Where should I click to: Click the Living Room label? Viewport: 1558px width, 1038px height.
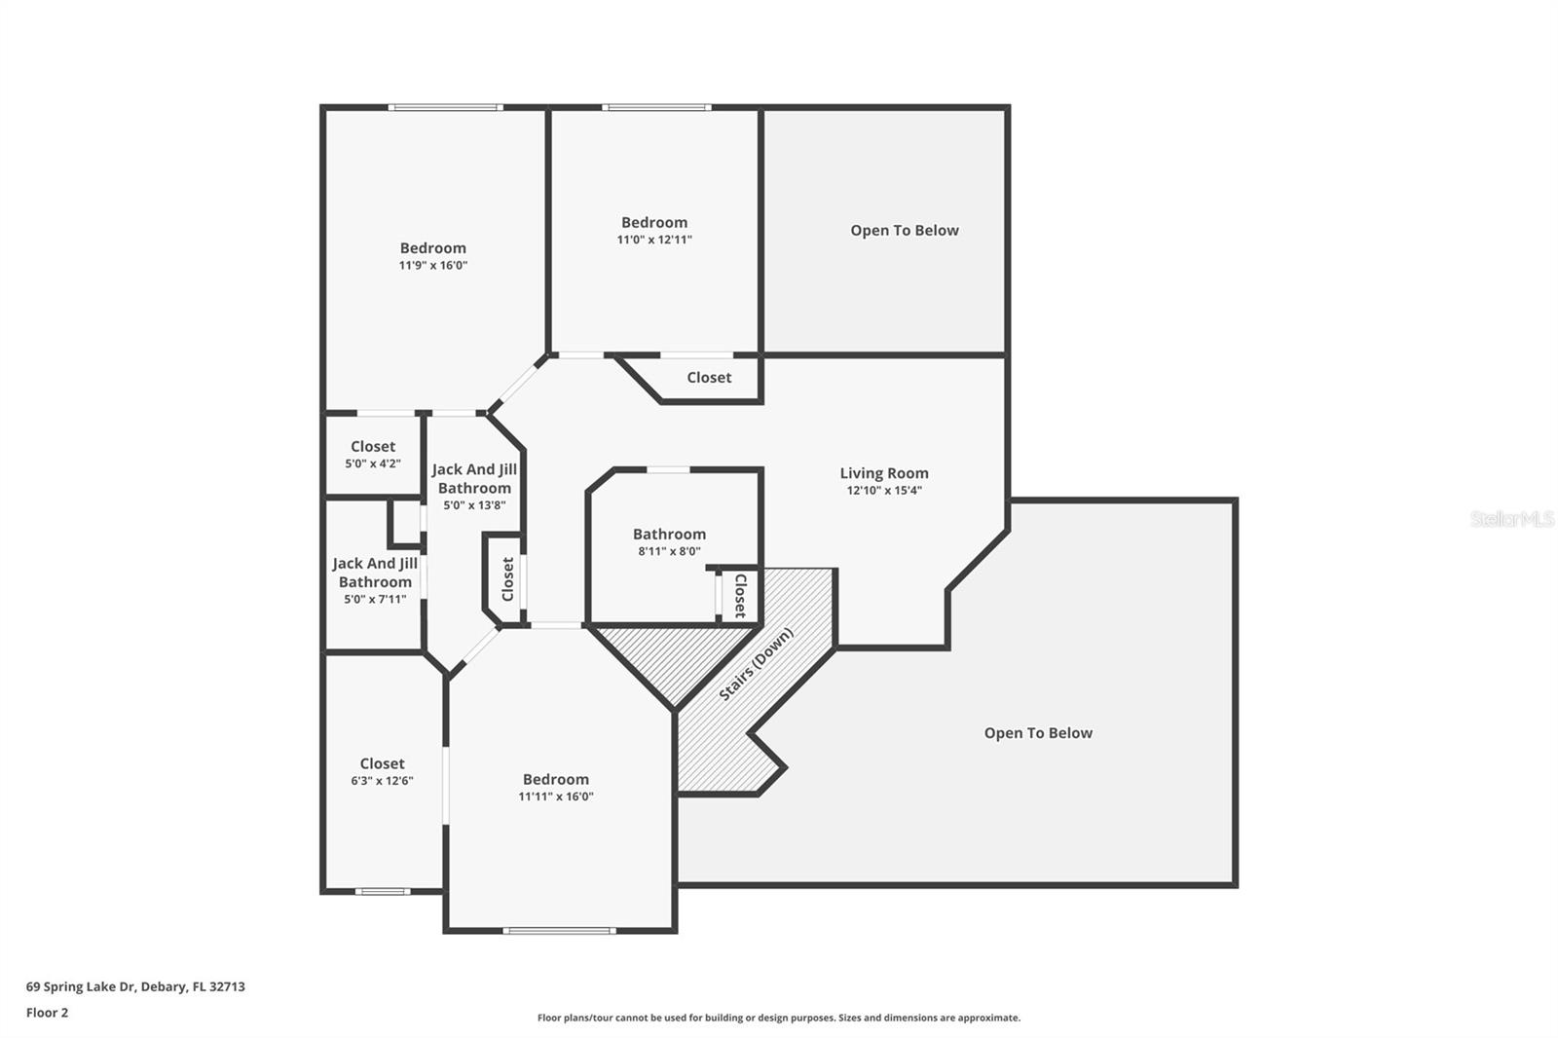(884, 473)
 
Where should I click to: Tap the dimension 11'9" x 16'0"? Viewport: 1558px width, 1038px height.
(433, 265)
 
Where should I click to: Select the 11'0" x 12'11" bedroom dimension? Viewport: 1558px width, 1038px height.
(654, 240)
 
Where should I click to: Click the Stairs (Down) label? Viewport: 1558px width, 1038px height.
(757, 664)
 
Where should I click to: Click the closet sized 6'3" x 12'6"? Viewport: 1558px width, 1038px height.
(382, 771)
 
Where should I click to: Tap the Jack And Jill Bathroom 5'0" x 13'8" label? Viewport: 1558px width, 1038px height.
(474, 486)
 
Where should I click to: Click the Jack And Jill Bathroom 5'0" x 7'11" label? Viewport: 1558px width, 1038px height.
(375, 580)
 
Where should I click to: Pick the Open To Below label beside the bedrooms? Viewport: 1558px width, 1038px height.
(905, 231)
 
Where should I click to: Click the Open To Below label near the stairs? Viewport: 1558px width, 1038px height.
(1038, 733)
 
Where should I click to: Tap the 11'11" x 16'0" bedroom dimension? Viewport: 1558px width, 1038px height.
(556, 797)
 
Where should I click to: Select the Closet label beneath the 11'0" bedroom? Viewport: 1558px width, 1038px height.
(709, 378)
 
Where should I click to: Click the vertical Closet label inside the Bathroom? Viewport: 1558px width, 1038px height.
(740, 595)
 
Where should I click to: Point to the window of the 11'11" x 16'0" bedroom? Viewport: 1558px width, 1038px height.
(559, 930)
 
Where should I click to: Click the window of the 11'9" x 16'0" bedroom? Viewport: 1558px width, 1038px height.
(445, 107)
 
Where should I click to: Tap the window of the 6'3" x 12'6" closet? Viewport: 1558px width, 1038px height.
(382, 891)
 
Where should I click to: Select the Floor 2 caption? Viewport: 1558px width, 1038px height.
(47, 1013)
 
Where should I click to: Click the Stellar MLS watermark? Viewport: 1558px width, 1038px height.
(1511, 519)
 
